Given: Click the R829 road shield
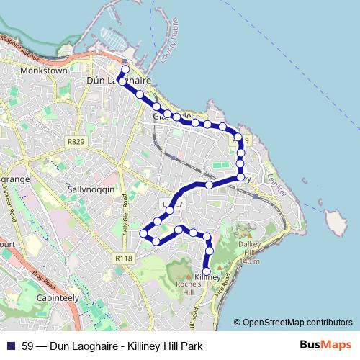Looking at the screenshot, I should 76,142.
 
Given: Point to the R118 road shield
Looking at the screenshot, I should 123,258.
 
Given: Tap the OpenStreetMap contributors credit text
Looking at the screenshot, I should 297,323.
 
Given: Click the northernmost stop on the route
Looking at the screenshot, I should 125,70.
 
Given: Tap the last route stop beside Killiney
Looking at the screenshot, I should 207,271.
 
